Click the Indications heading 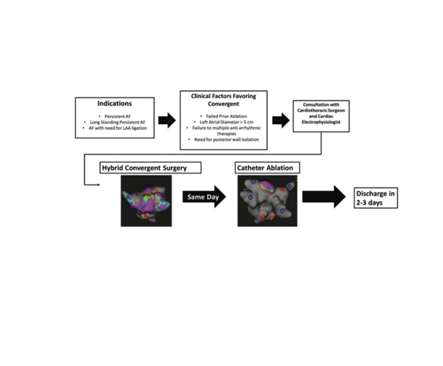click(113, 106)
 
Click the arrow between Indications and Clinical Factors click(167, 121)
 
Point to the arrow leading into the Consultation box click(280, 121)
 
